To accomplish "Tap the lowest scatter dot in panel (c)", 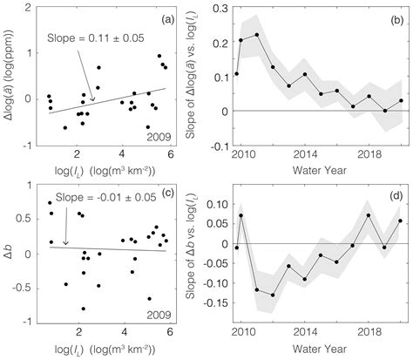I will point(84,309).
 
